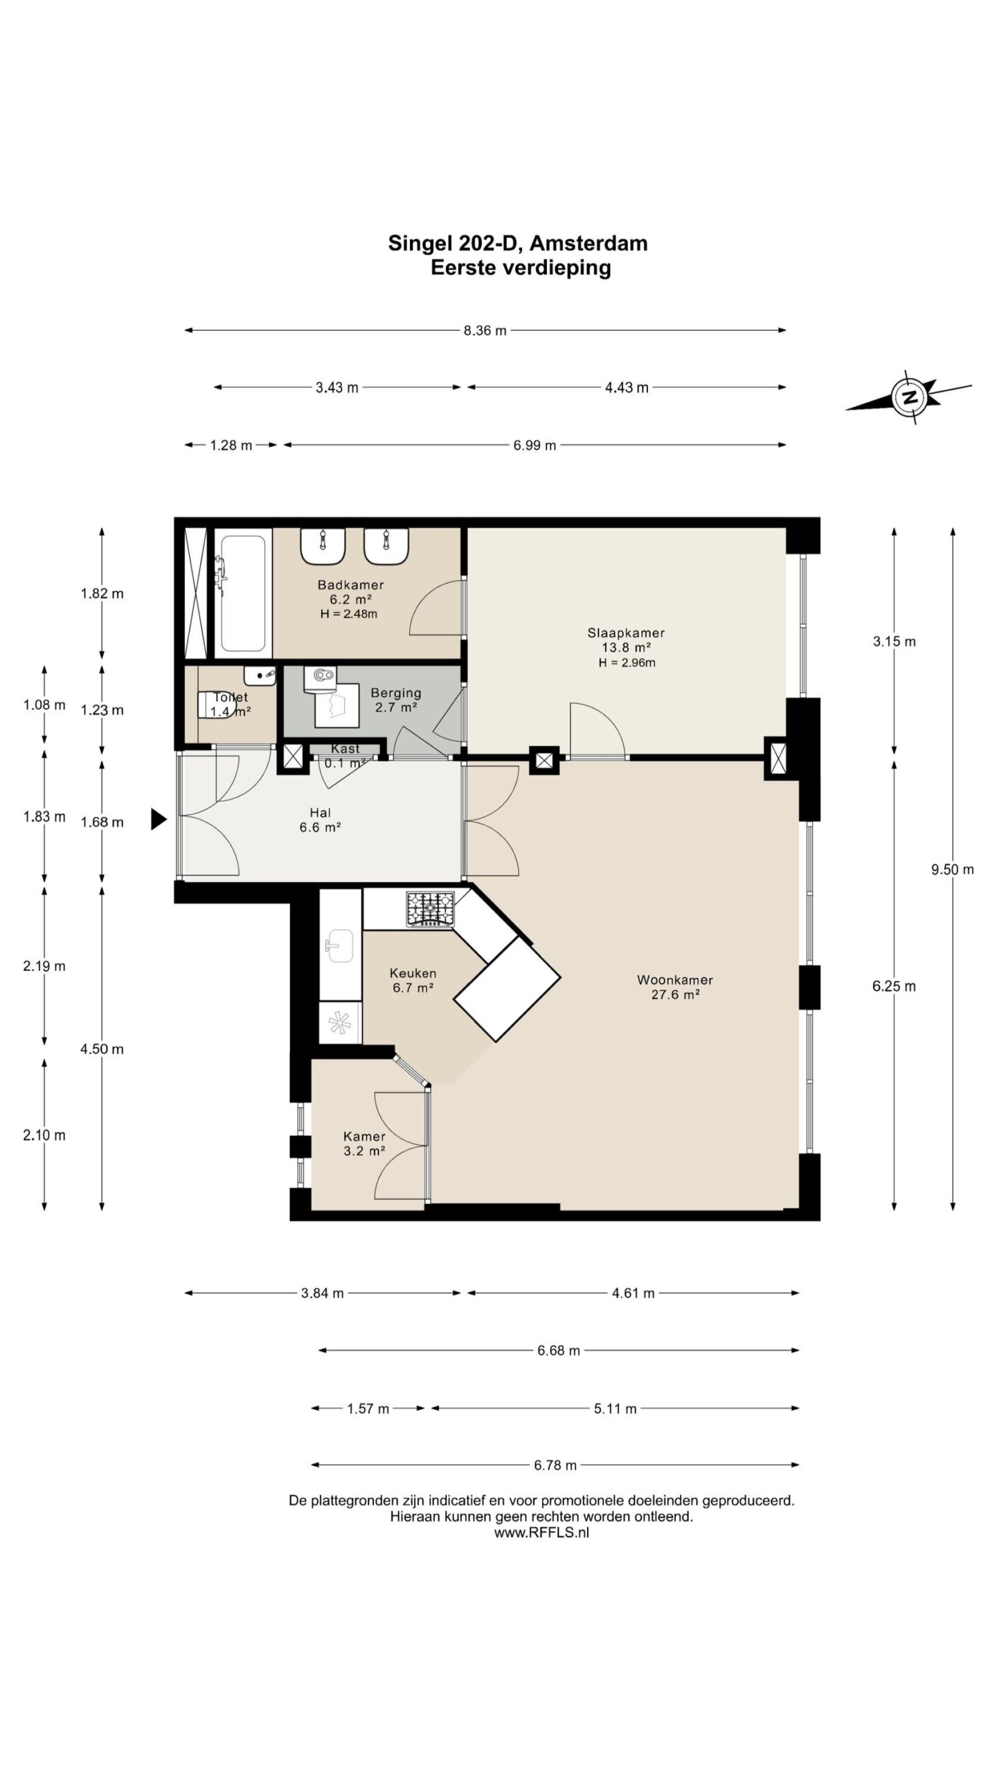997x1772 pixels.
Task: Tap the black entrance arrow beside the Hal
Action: click(159, 820)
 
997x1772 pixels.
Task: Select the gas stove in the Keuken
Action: click(430, 908)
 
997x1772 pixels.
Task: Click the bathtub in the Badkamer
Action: click(240, 593)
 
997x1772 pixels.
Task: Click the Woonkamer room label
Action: click(675, 987)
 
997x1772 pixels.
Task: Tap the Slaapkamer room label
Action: click(626, 647)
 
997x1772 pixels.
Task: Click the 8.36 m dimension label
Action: click(485, 331)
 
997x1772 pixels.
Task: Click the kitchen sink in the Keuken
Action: click(340, 946)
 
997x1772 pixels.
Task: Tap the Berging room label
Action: click(396, 700)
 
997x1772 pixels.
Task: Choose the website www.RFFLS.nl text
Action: click(542, 1533)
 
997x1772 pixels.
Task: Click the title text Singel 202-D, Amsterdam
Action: click(518, 244)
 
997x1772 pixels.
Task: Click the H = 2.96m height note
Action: click(627, 662)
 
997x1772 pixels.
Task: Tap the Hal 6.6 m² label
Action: click(320, 820)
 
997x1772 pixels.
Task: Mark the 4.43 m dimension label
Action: click(627, 388)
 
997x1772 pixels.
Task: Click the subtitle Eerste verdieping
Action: click(521, 268)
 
